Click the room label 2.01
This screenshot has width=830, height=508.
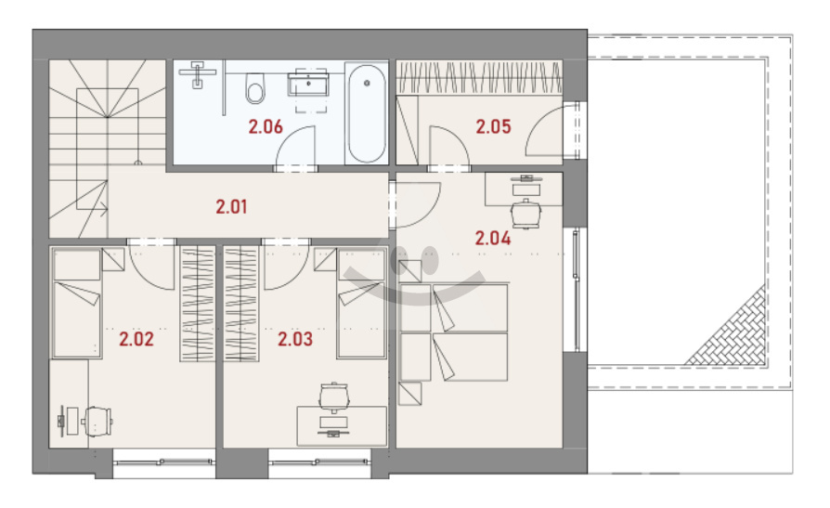pos(231,206)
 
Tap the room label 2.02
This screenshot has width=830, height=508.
pos(136,339)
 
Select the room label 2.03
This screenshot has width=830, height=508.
pos(295,339)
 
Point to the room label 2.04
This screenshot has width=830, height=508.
pos(493,239)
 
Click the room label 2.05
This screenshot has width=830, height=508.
pos(493,126)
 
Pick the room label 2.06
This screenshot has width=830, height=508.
pos(266,126)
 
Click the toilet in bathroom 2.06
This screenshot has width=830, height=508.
pos(255,88)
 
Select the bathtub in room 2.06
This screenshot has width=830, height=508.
pos(367,112)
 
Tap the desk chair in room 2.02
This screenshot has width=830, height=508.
pos(97,422)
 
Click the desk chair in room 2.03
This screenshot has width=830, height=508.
pos(333,397)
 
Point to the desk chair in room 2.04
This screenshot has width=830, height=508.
pos(525,214)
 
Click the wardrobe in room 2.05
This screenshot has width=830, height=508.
pos(479,77)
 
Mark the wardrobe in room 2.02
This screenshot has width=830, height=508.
pos(198,304)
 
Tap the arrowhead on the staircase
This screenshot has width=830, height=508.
pos(105,209)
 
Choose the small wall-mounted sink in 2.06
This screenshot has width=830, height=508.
pos(198,74)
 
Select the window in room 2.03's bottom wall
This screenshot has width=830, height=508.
pos(319,462)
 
